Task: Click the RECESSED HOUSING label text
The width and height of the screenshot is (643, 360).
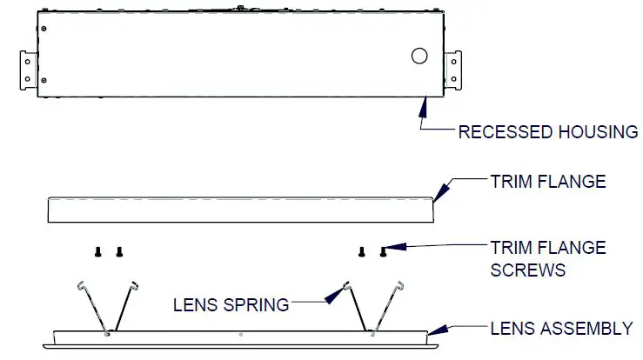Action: pyautogui.click(x=548, y=132)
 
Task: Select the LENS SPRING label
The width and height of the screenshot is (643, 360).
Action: pyautogui.click(x=231, y=304)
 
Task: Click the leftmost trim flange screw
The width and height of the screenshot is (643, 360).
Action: pyautogui.click(x=97, y=252)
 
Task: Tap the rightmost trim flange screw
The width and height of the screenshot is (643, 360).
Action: pyautogui.click(x=384, y=252)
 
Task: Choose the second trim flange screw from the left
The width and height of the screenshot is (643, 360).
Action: pyautogui.click(x=119, y=252)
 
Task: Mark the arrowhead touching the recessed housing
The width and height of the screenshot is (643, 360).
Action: pyautogui.click(x=424, y=106)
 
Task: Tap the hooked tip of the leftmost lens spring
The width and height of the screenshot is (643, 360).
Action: pyautogui.click(x=79, y=284)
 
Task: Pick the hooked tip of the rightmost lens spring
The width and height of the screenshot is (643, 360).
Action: pyautogui.click(x=404, y=284)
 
